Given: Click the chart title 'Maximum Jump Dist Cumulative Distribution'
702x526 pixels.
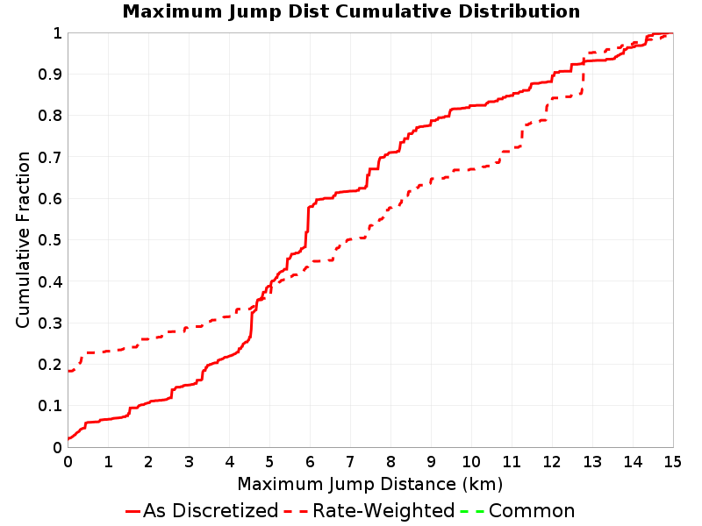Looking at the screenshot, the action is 351,11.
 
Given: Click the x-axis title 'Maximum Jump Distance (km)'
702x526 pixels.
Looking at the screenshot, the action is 369,484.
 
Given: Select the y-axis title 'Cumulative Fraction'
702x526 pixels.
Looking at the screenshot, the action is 23,239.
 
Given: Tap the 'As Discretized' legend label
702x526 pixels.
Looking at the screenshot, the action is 211,510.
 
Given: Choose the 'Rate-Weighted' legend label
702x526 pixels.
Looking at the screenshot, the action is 383,510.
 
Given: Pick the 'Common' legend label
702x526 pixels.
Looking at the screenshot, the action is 532,510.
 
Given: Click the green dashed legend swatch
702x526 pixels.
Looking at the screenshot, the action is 472,511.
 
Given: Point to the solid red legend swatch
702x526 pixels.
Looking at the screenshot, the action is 133,511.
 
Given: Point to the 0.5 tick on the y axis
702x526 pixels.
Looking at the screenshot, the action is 50,240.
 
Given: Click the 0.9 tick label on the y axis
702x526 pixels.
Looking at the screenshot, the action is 50,75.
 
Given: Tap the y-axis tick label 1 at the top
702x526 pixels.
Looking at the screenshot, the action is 57,33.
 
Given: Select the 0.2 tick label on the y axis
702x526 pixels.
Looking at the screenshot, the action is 50,365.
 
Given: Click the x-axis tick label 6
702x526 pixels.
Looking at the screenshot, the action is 310,461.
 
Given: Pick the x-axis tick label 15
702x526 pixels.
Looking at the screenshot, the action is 672,461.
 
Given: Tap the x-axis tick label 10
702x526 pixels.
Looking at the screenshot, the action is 471,461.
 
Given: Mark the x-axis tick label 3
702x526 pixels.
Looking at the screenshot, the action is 189,461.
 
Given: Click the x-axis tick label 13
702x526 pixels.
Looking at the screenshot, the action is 591,461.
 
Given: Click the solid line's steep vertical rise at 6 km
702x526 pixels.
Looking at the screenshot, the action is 308,226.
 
